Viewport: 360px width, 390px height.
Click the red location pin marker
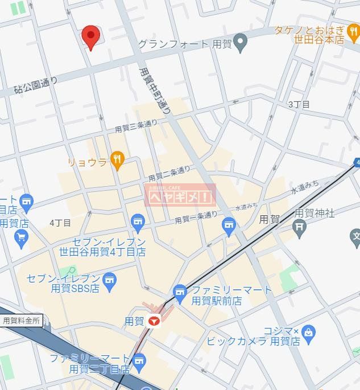90,36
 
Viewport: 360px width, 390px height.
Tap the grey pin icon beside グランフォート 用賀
241,42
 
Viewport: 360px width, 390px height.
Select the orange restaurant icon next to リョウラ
118,160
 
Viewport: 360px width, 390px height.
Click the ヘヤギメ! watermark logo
181,196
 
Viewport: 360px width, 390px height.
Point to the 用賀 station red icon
153,321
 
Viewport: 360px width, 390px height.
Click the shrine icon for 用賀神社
300,226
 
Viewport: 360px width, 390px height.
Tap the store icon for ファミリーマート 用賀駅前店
180,293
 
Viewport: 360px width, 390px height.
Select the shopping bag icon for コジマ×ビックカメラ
309,331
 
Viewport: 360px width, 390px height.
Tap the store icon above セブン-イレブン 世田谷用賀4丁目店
137,221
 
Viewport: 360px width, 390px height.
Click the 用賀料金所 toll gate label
22,321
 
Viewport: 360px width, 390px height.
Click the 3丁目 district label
299,104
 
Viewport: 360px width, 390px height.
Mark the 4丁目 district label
60,222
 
